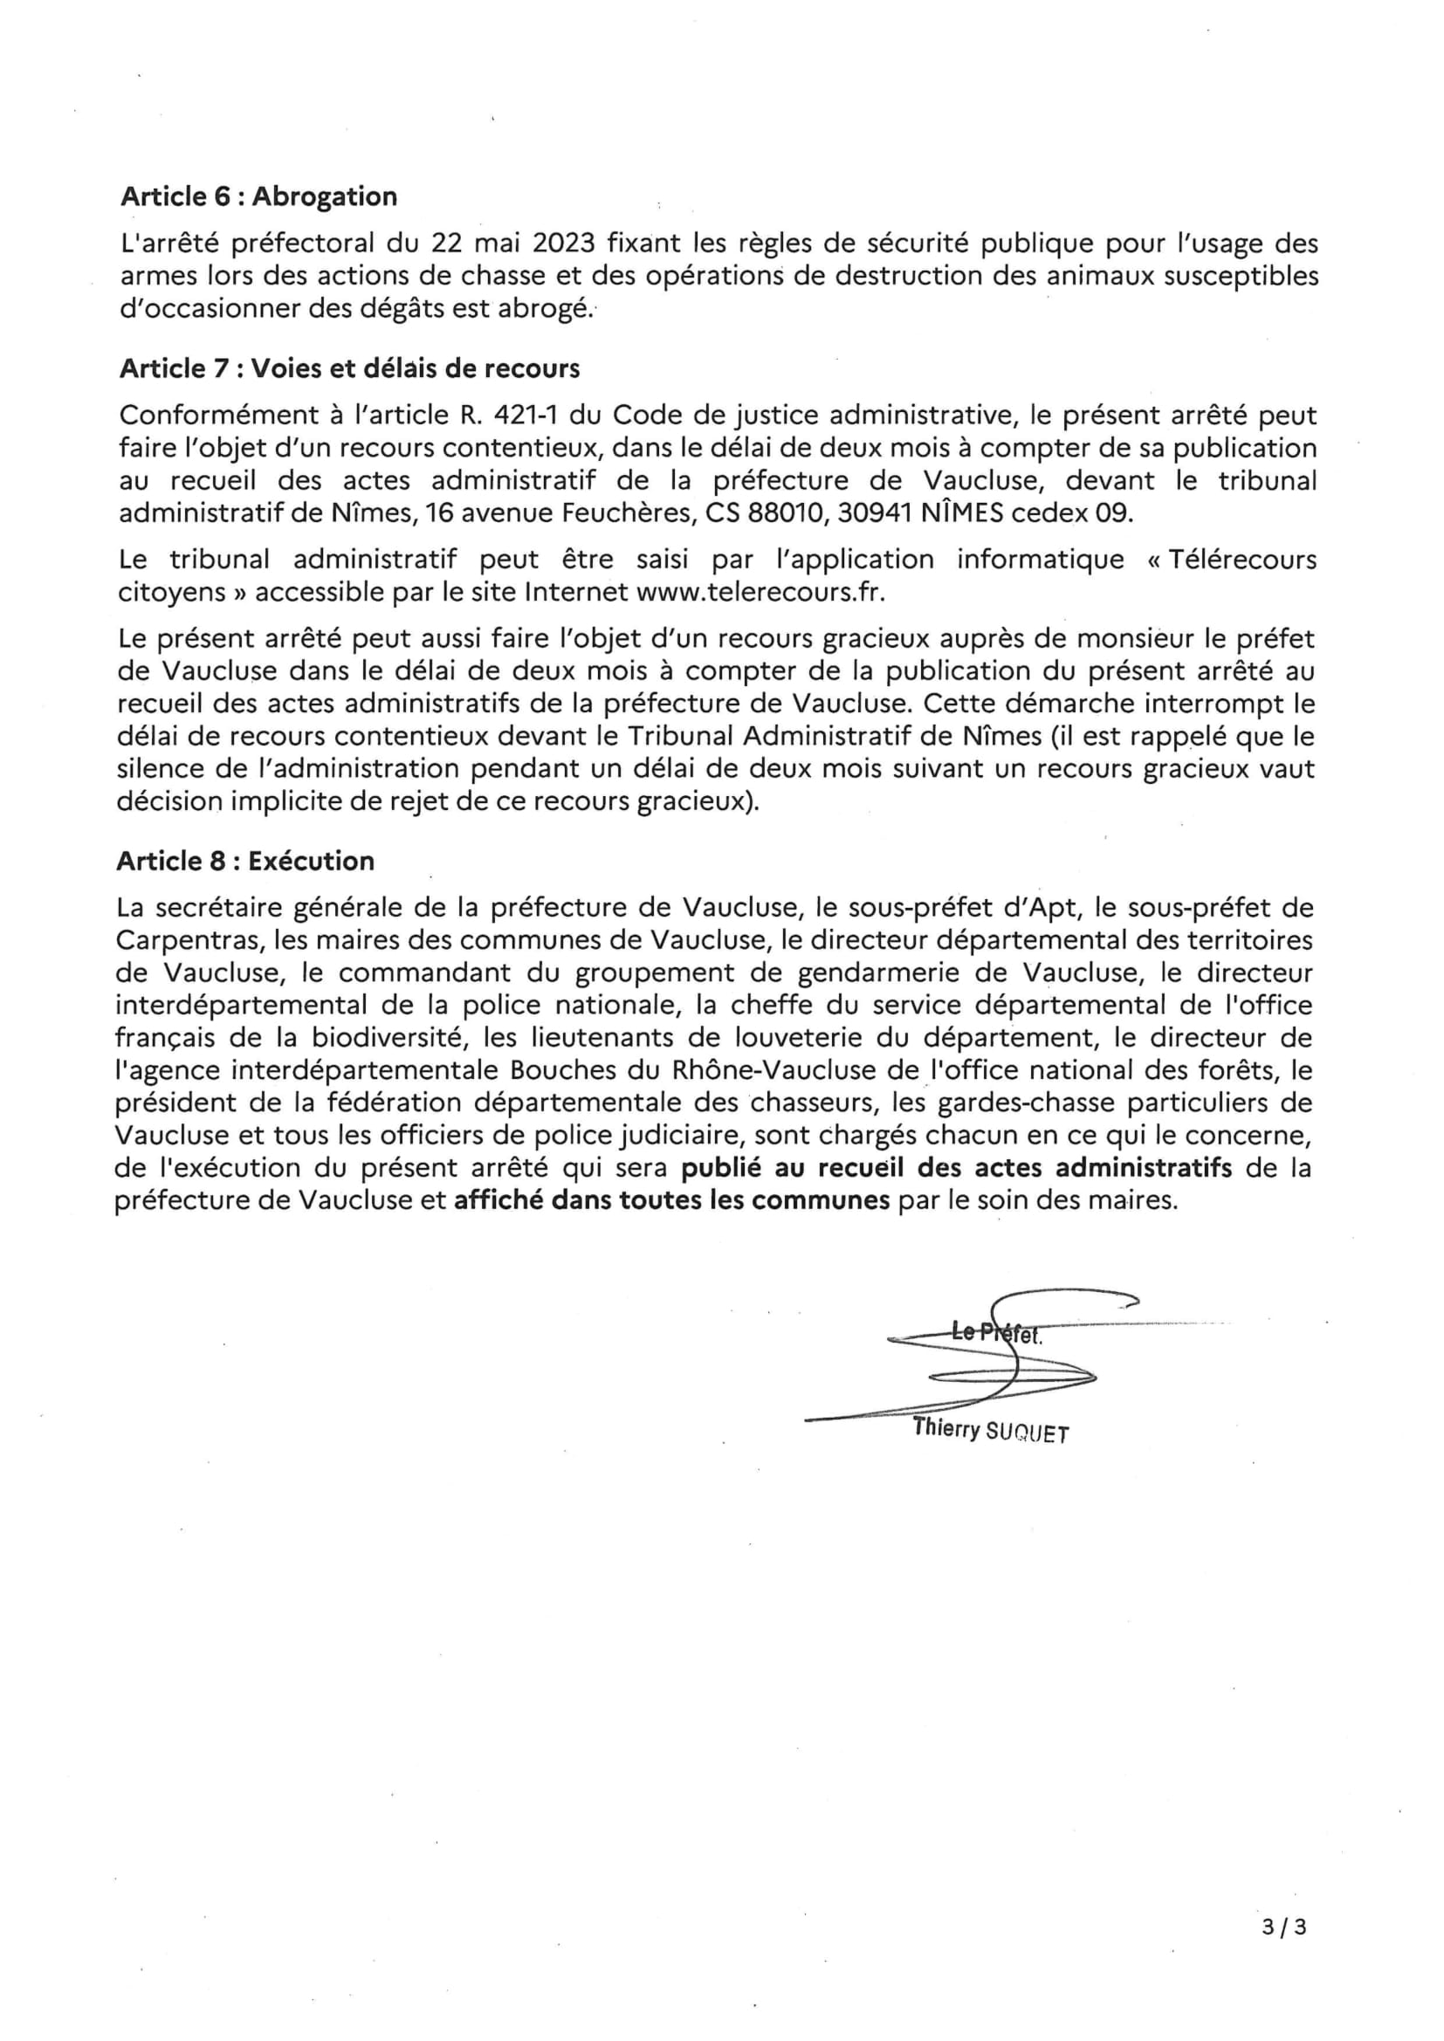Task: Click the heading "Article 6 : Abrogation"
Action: [258, 196]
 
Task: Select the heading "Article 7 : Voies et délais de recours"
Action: [349, 369]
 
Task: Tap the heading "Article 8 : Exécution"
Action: [245, 862]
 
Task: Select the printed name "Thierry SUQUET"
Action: [991, 1430]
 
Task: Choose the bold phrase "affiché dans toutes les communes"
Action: [672, 1201]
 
